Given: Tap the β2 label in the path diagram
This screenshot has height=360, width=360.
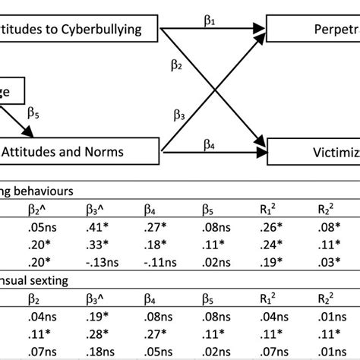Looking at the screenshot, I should coord(177,68).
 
